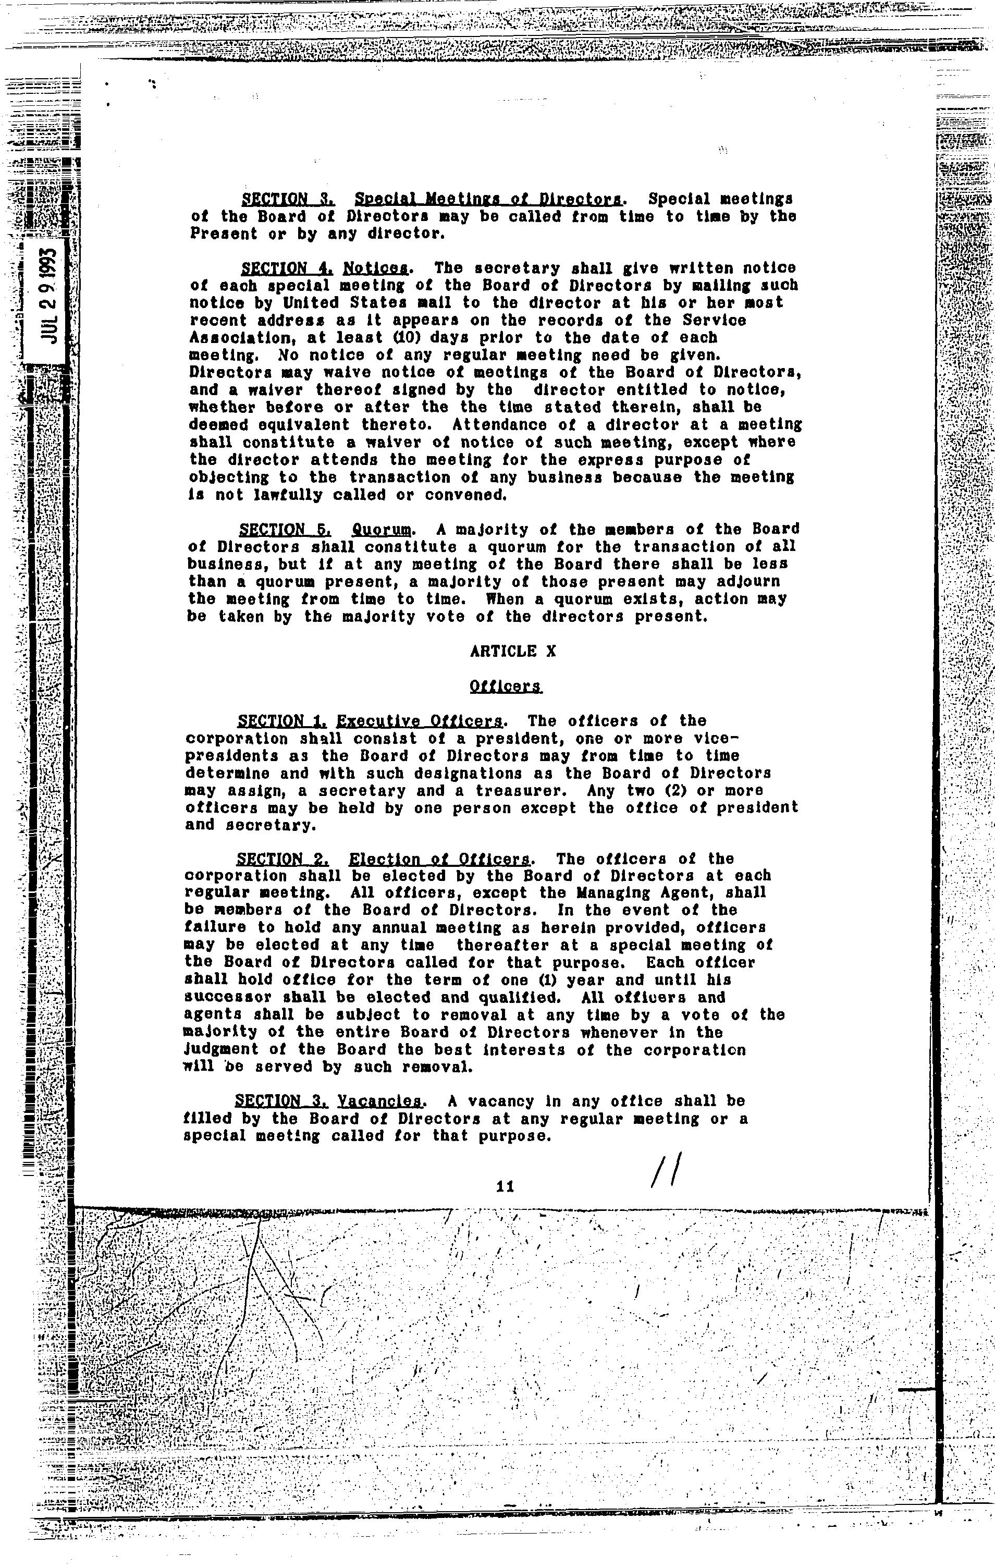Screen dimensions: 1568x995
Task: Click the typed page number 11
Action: coord(505,1187)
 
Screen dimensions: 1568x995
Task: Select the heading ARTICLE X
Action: coord(512,651)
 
